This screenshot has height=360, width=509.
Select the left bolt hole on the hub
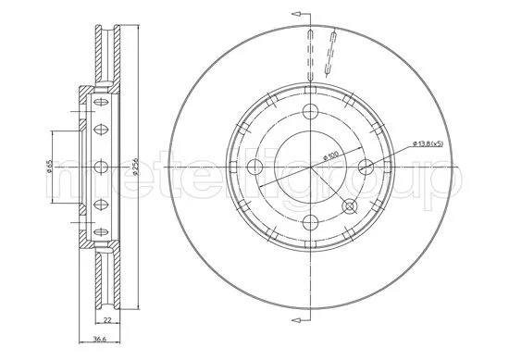pos(254,166)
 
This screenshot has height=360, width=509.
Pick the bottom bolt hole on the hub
pos(309,220)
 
